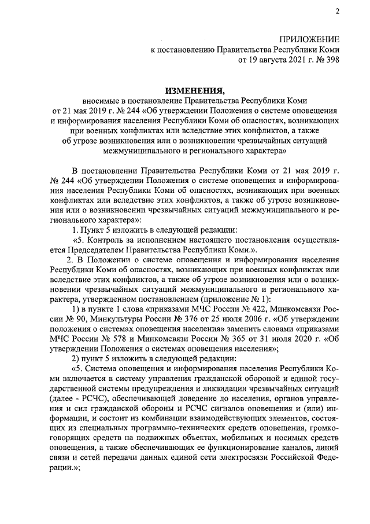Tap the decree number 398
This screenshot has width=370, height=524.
331,58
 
